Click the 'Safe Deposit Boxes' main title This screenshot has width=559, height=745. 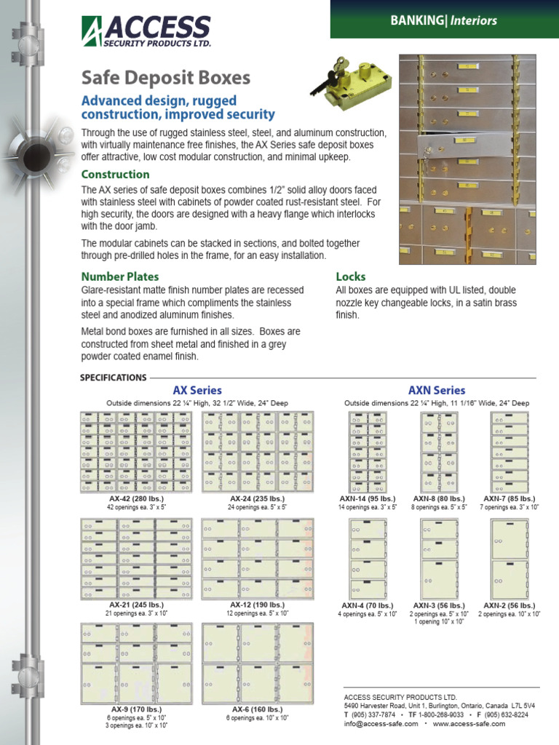(165, 78)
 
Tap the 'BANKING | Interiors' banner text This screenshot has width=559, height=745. (443, 20)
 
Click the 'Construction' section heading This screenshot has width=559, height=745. (115, 175)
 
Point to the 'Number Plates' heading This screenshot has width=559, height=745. (119, 276)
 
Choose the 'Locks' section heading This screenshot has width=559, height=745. (350, 276)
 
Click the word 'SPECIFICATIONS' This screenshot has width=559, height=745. (112, 378)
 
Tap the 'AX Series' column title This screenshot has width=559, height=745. (197, 391)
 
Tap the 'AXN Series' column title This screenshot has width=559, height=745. (436, 391)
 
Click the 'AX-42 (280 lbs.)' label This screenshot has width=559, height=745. (135, 498)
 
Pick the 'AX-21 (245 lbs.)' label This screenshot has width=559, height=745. (136, 605)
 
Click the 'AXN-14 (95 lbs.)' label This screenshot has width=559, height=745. (368, 498)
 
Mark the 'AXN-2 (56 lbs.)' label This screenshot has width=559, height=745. (509, 605)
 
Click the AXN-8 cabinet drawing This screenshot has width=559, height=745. (439, 452)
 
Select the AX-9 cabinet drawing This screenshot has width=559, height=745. (136, 663)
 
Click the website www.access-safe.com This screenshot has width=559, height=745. (470, 725)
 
